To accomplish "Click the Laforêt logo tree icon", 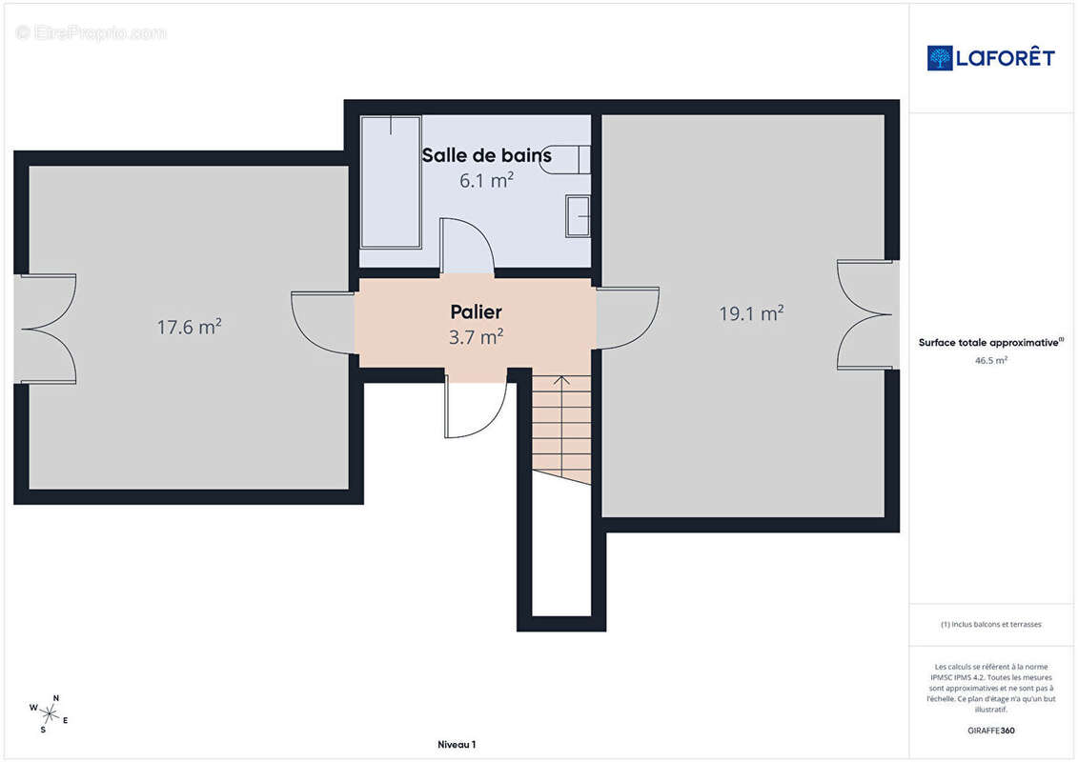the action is pos(940,58).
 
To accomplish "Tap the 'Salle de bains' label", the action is pos(487,155).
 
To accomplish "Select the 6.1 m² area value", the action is pos(487,181).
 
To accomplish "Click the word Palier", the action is pos(476,312).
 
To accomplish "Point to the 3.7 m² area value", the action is pos(476,337).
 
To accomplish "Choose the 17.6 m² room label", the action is pos(189,327).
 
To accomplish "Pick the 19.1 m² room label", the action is pos(751,313).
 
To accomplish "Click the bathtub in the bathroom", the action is pos(391,182).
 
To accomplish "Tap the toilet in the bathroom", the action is pos(566,159).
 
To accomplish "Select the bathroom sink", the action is pos(578,216).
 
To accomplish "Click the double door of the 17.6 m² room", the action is pos(48,330).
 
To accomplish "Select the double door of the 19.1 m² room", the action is pos(864,314).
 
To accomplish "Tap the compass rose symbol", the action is pos(49,714).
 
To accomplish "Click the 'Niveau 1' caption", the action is pos(457,744).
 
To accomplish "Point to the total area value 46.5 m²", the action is pos(990,360).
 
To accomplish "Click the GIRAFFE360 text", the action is pos(990,731).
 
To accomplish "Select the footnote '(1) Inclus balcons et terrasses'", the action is pos(990,625).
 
